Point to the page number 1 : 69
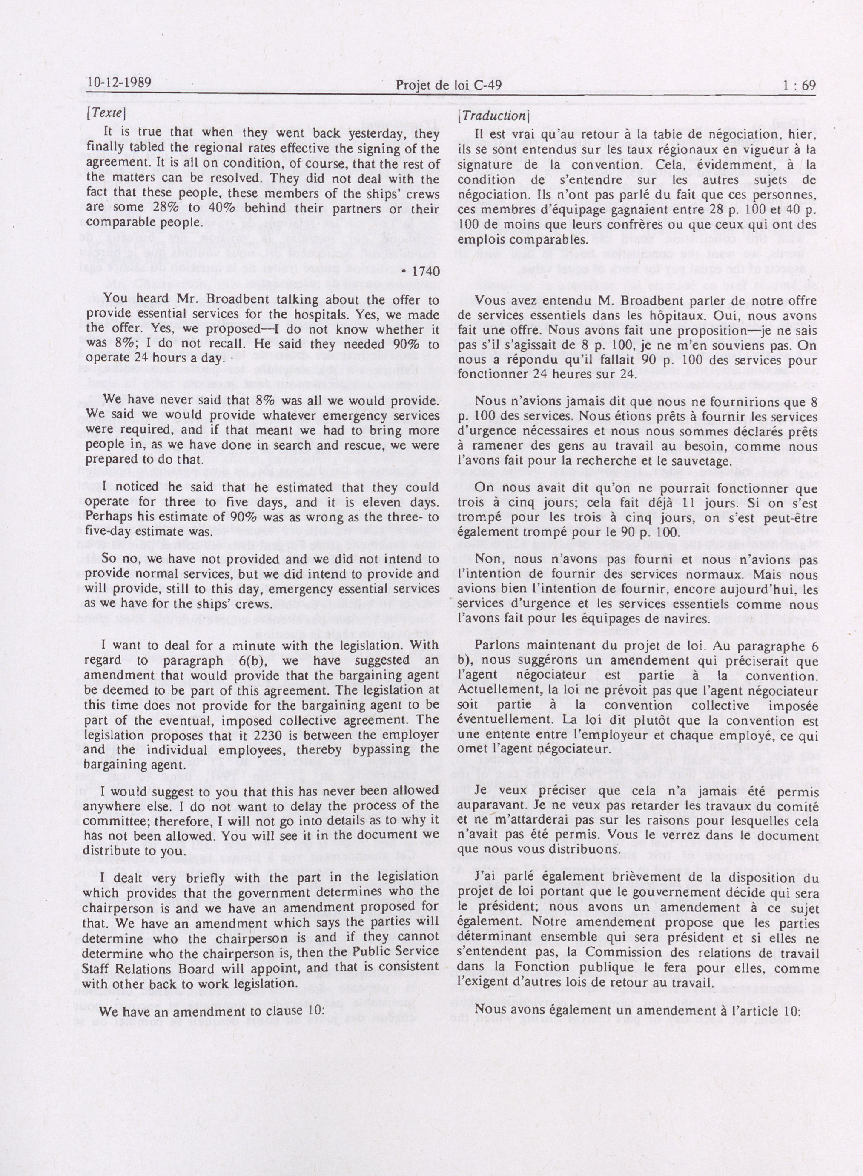point(799,85)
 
